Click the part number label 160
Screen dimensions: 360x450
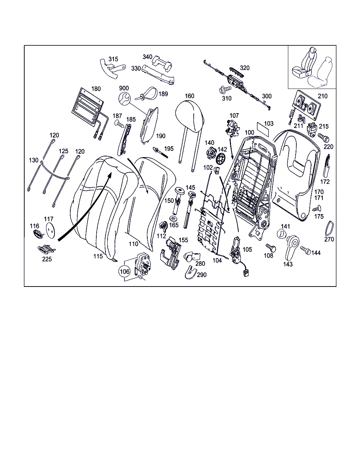[x=189, y=96]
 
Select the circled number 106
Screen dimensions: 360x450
[x=124, y=271]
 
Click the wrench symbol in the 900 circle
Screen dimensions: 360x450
[x=124, y=98]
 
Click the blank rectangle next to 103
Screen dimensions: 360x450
[x=263, y=130]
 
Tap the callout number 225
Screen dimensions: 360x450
[x=47, y=259]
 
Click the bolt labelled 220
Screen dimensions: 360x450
[x=323, y=138]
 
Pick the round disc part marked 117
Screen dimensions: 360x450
[x=50, y=230]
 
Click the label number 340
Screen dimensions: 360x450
[x=147, y=57]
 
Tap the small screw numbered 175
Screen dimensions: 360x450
[x=317, y=209]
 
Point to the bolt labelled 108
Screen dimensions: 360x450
[x=271, y=248]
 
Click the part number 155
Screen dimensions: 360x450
[x=184, y=240]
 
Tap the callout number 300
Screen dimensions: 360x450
[x=267, y=96]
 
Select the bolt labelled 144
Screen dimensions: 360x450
[x=306, y=250]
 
